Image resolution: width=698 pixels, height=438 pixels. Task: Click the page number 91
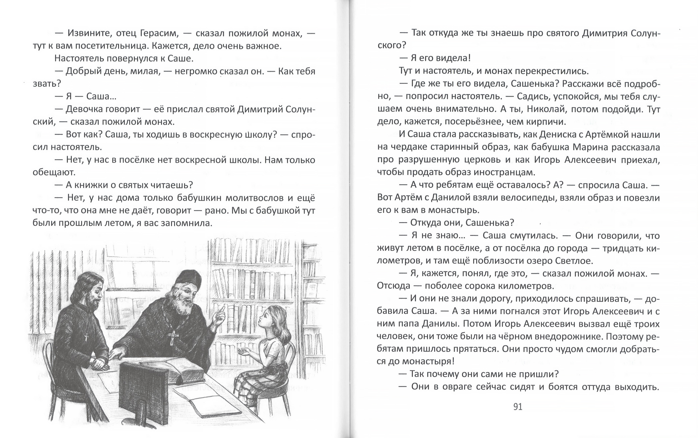(518, 407)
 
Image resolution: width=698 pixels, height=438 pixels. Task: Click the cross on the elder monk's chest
(173, 337)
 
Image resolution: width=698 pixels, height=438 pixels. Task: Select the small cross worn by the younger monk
(86, 337)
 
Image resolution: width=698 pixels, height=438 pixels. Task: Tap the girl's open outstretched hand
(243, 352)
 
